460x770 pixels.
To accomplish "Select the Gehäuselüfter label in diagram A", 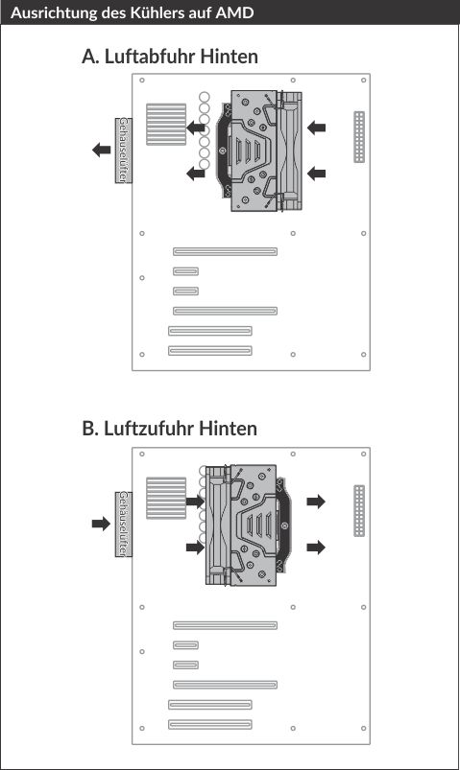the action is coord(123,151).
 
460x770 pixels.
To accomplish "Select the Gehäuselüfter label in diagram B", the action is coord(123,524).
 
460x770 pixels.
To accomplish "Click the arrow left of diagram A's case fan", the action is coord(102,150).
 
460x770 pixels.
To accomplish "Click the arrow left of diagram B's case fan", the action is coord(102,524).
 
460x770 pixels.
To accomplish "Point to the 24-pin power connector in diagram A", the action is coord(359,137).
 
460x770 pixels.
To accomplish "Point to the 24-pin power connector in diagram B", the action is coord(359,511).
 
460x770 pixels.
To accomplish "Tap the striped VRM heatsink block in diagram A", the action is coord(166,125).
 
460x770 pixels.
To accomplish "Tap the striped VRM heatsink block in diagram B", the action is coord(166,498).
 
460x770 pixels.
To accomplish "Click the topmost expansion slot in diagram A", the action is coord(225,251).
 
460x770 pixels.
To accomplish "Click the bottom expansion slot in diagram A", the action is coord(210,351).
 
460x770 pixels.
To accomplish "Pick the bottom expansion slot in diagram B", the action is coord(210,724).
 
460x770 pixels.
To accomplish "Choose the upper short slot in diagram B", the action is coord(186,644).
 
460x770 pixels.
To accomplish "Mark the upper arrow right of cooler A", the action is coord(316,128).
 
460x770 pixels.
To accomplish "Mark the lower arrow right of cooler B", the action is coord(316,547).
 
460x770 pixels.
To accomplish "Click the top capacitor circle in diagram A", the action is coord(205,97).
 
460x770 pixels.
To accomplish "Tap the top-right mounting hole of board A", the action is coord(364,80).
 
